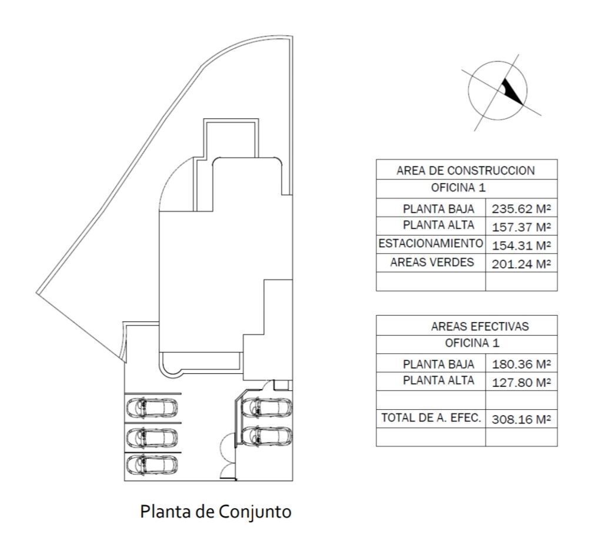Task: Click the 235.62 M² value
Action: click(521, 209)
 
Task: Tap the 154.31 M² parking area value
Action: click(521, 246)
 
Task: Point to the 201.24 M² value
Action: click(521, 264)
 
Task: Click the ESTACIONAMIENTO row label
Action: click(430, 243)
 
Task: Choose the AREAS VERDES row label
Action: click(432, 262)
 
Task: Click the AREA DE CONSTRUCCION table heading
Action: click(466, 170)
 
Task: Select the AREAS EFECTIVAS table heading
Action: click(480, 326)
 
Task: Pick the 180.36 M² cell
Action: click(521, 364)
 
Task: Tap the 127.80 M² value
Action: click(521, 382)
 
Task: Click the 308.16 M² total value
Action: click(521, 419)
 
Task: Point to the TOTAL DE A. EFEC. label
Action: click(431, 417)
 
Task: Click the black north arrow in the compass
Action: click(512, 91)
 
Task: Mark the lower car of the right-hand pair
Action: click(267, 436)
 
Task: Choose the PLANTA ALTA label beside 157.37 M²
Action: click(439, 225)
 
